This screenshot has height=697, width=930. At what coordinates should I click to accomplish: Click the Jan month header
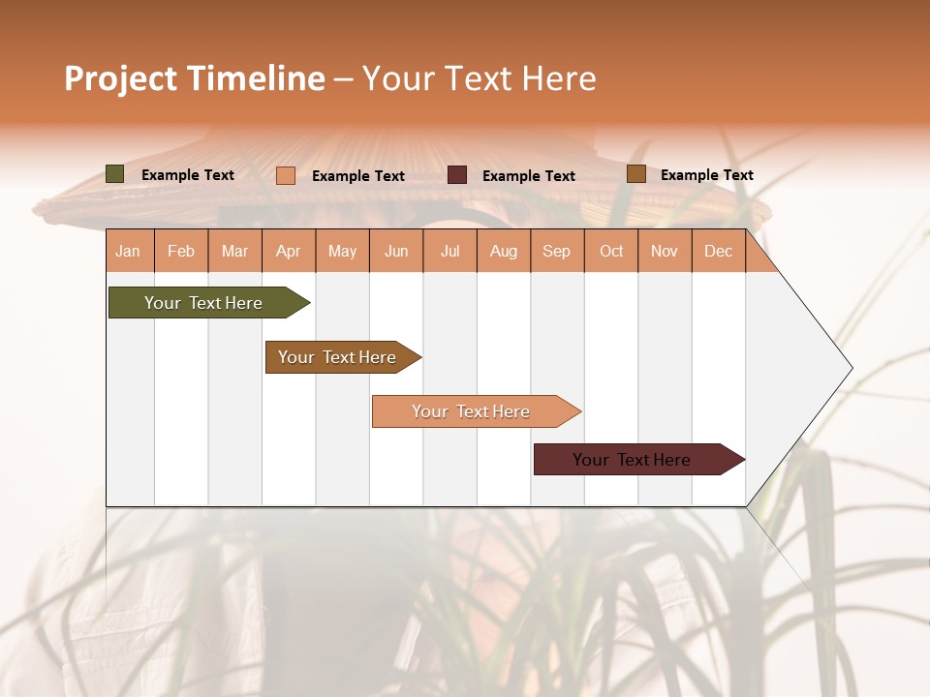(x=128, y=251)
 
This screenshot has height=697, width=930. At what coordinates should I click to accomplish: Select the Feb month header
(x=181, y=251)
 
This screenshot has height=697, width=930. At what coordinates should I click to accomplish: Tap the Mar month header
(x=234, y=251)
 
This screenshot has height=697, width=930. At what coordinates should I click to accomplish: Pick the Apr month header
(x=289, y=251)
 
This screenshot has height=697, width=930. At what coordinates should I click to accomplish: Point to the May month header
(x=342, y=251)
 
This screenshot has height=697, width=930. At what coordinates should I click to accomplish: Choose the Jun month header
(x=396, y=251)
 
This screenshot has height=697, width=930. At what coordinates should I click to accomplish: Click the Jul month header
(x=449, y=251)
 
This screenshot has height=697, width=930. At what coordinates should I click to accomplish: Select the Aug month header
(x=504, y=251)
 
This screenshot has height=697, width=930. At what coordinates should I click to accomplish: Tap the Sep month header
(x=557, y=251)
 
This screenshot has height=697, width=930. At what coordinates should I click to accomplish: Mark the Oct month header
(x=611, y=251)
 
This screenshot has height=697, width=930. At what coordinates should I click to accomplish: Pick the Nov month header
(x=665, y=251)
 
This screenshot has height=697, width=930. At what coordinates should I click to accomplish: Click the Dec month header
(x=719, y=251)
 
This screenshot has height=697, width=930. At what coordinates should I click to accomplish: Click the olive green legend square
(x=115, y=174)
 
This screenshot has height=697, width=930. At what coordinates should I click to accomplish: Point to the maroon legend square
(x=457, y=175)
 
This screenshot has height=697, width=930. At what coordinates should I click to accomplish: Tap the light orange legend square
(x=286, y=175)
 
